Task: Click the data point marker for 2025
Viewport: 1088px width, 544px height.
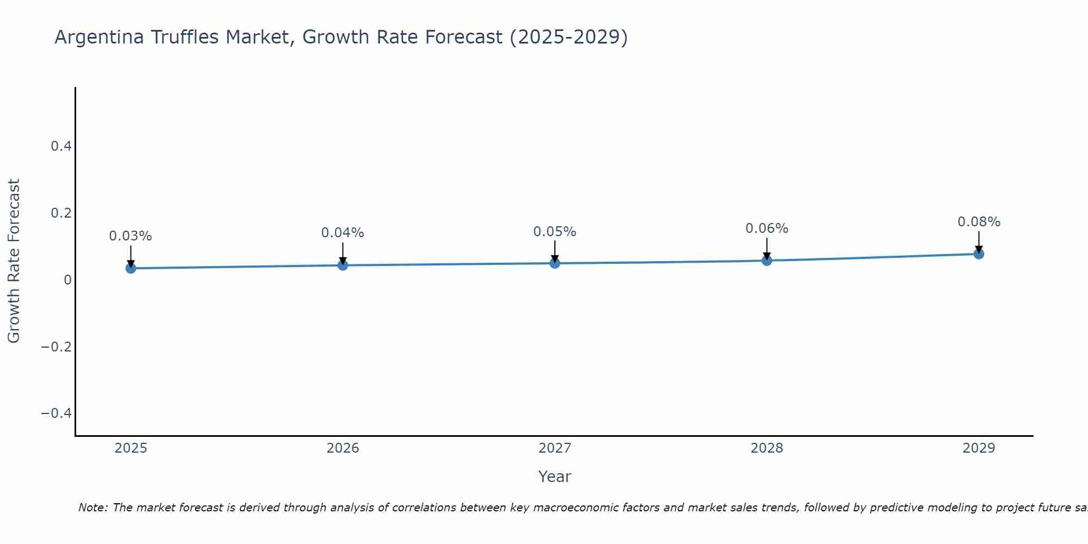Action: [131, 268]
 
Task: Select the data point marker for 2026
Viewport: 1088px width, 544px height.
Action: [343, 265]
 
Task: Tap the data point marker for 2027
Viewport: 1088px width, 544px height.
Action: [555, 263]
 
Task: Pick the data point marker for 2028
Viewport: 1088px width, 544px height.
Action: [766, 261]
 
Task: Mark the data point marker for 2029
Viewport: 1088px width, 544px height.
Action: [979, 254]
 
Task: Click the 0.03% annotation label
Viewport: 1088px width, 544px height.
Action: [131, 236]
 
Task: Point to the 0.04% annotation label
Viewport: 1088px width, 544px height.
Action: [343, 233]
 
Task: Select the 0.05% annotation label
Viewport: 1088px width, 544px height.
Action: [555, 232]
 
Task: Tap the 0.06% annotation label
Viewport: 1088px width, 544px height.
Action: [766, 228]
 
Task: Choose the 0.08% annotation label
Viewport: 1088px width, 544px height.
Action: [979, 222]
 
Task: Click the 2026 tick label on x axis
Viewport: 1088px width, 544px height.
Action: [343, 448]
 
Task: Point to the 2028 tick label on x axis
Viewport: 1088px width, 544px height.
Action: [766, 448]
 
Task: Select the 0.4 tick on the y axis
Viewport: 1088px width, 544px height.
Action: [61, 146]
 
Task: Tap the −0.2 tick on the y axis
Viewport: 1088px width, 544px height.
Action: [57, 347]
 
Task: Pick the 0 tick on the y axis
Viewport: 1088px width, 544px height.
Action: [67, 280]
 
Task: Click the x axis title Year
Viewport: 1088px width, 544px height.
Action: [555, 477]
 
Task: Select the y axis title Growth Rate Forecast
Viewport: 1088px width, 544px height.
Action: [14, 261]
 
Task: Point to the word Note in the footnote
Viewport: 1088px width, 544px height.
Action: [93, 508]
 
